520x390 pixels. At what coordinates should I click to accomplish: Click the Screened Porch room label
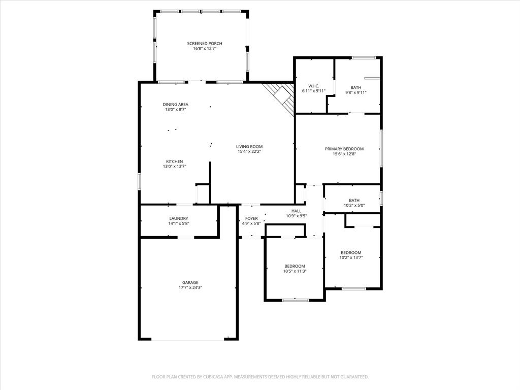204,44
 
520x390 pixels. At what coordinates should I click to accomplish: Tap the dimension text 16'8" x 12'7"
204,49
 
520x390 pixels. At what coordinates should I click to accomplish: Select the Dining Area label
175,105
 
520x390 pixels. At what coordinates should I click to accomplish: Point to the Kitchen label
174,161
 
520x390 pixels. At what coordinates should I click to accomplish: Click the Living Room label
250,146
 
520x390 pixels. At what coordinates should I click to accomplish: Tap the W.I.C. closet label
313,86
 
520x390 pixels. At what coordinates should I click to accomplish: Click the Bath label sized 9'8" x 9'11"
355,87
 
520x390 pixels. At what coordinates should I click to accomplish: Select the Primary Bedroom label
344,149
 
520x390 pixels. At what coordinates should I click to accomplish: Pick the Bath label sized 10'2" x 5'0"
354,200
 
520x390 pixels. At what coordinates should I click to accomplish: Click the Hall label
296,211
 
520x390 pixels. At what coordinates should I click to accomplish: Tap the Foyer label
251,218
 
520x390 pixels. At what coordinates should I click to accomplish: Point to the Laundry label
178,218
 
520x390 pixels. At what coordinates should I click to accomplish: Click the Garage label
190,282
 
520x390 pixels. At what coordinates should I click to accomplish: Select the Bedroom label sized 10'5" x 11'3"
295,266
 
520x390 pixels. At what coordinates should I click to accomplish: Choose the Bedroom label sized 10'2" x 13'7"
351,253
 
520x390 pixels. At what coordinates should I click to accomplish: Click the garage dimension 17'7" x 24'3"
190,287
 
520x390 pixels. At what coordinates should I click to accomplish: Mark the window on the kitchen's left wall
139,181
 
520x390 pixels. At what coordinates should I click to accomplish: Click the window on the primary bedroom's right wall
381,148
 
